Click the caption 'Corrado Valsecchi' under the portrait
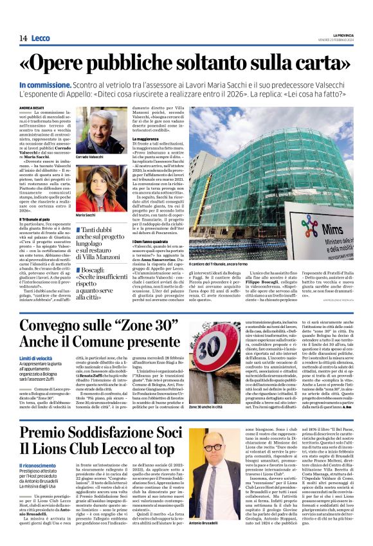92,157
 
